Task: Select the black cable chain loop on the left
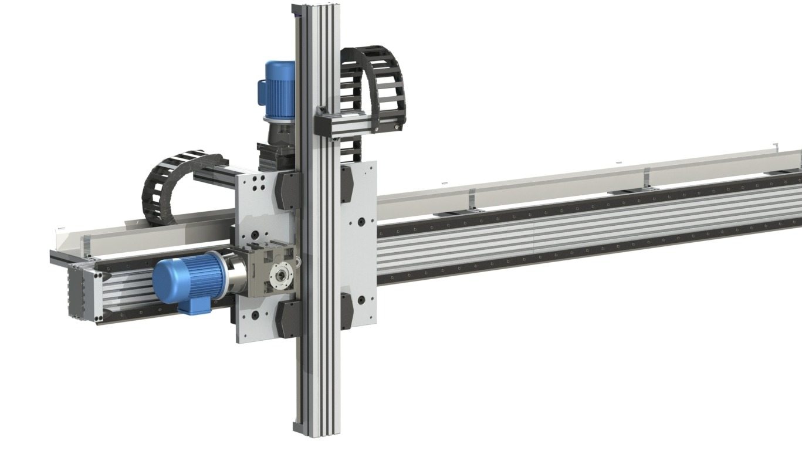point(170,182)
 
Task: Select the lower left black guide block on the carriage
point(287,320)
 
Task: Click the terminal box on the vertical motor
point(262,91)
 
